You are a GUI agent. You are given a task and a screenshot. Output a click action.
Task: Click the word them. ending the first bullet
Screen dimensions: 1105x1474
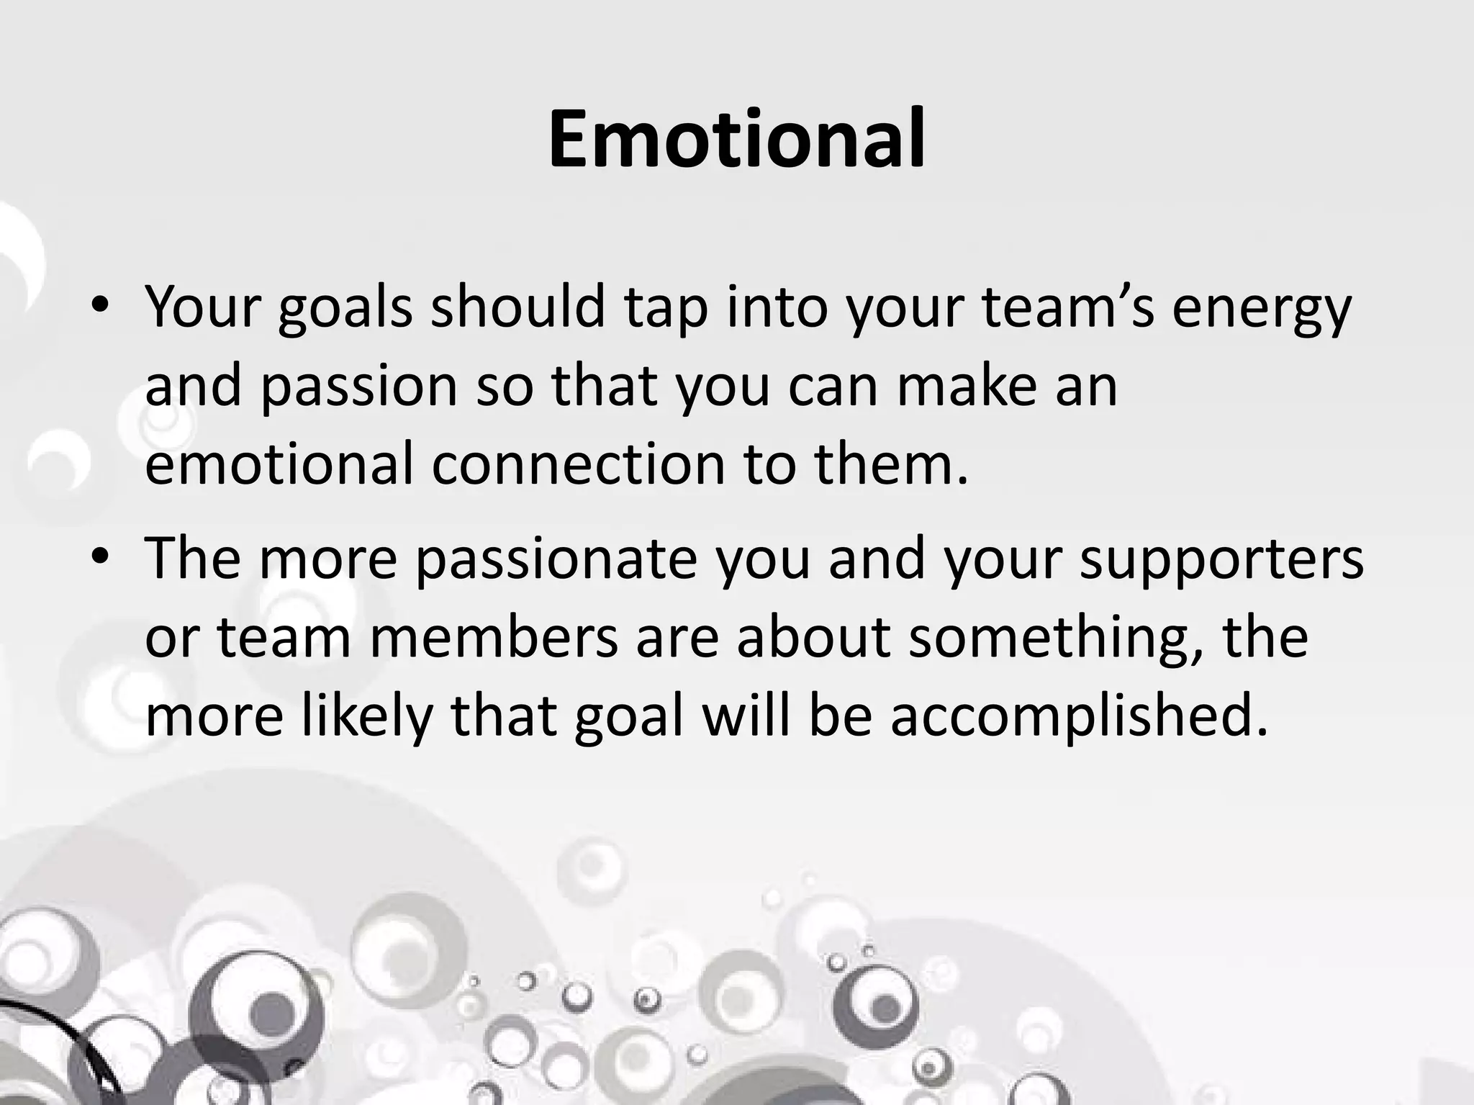(x=892, y=464)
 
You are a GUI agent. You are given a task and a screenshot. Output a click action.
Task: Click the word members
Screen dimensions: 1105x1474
(x=494, y=638)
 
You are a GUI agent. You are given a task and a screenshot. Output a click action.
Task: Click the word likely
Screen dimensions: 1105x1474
(x=362, y=718)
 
